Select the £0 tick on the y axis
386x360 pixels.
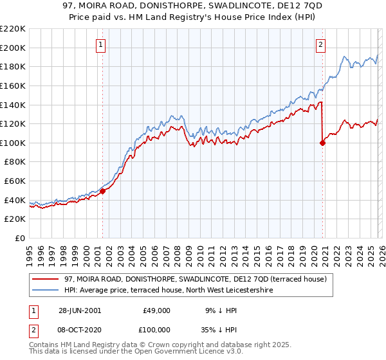pos(19,238)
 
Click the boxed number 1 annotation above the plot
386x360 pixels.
pos(102,44)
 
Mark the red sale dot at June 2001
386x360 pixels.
pos(102,191)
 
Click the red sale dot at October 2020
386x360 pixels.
pos(322,143)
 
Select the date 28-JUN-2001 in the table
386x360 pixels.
pos(80,310)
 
